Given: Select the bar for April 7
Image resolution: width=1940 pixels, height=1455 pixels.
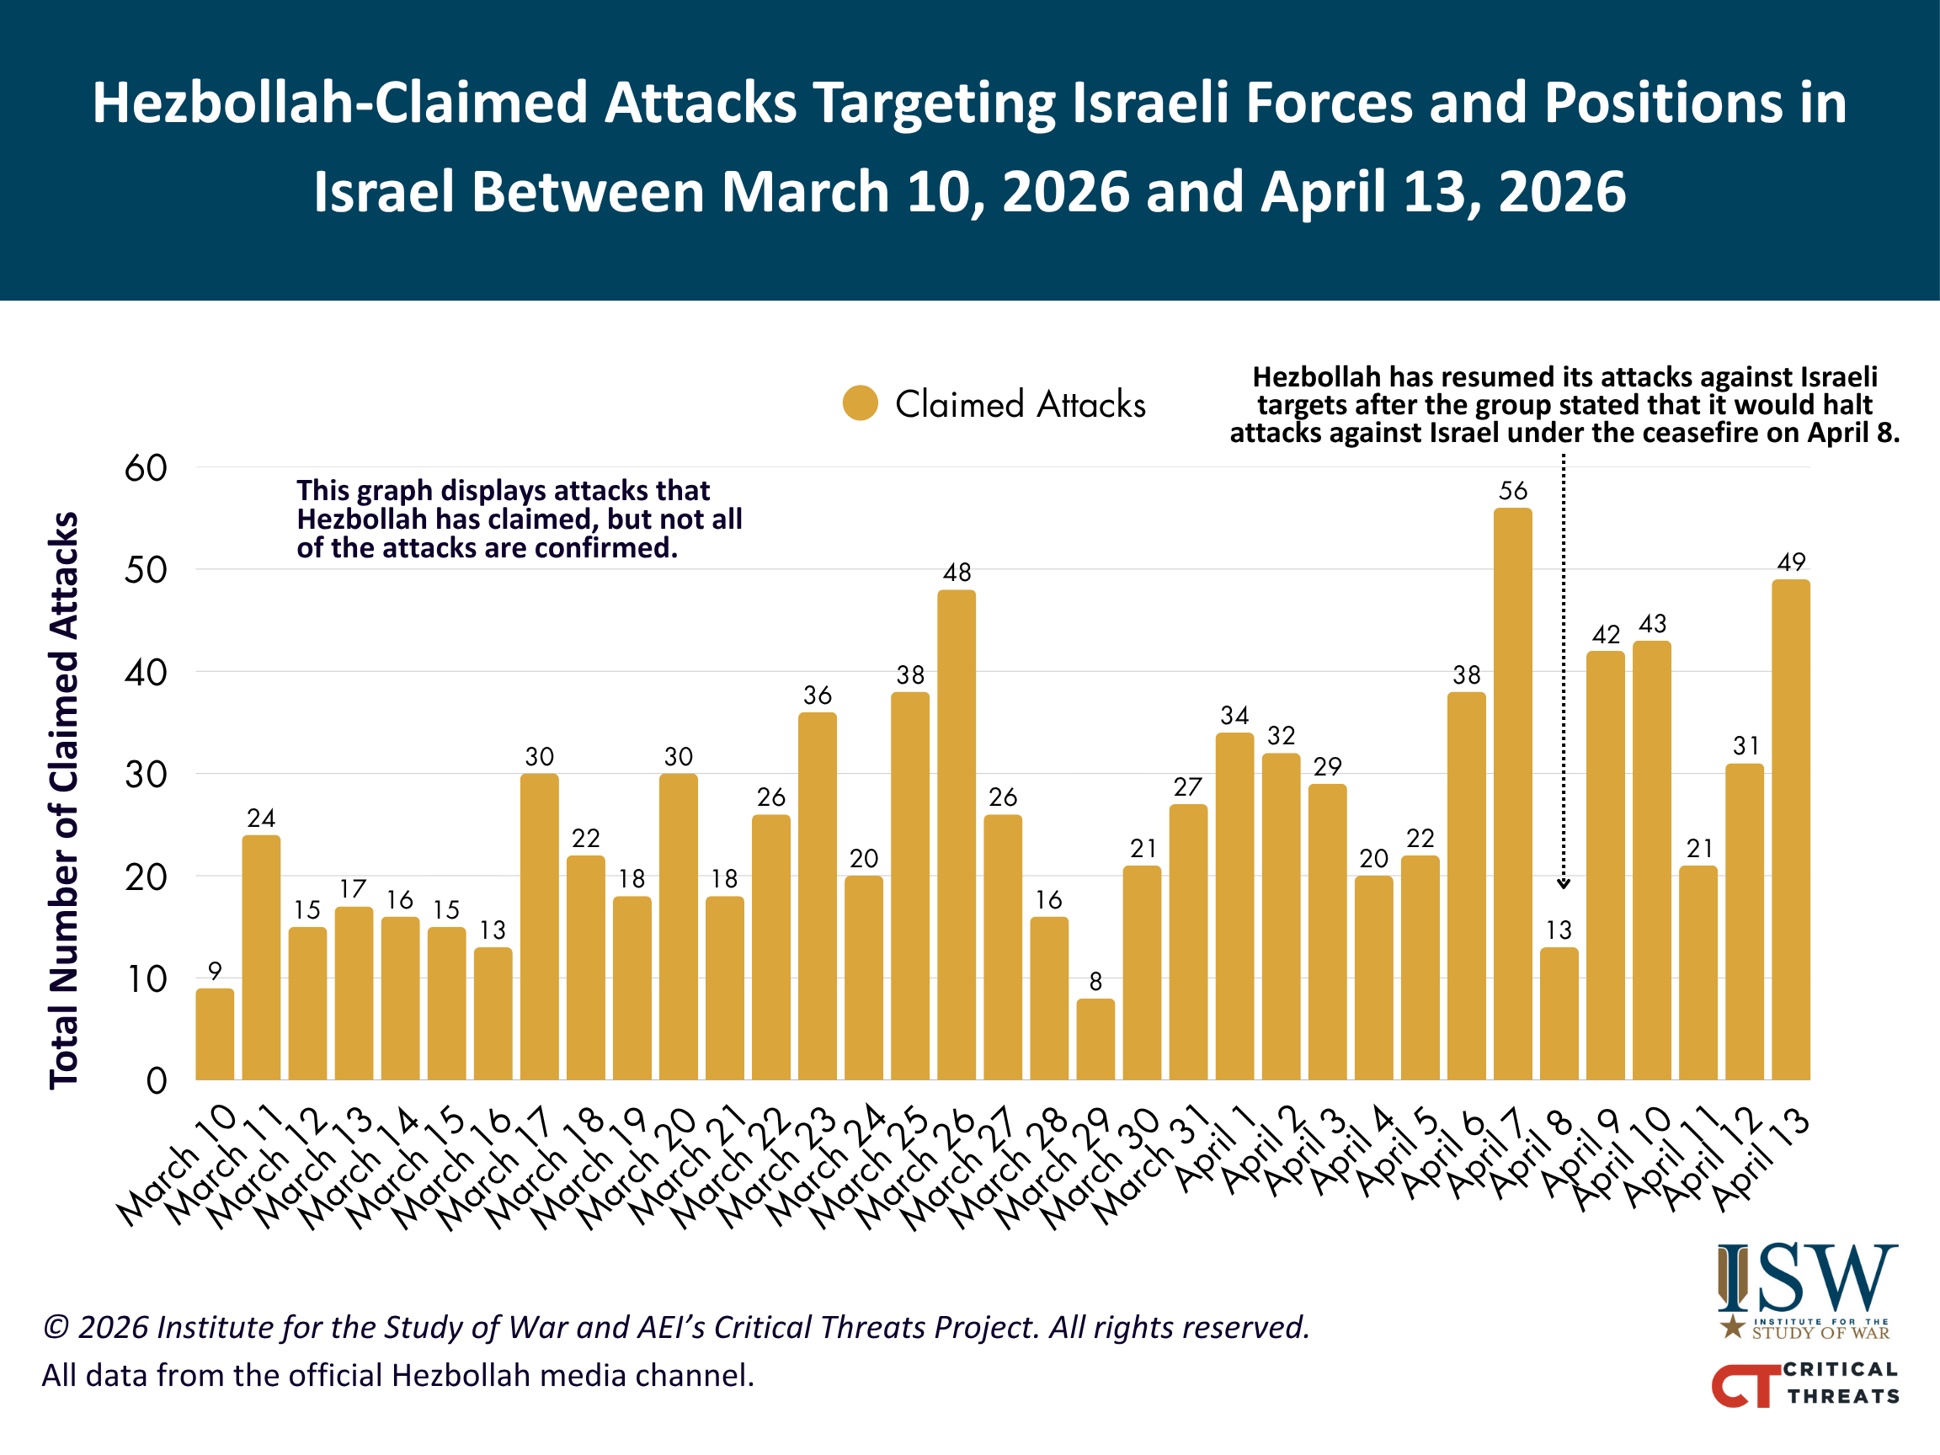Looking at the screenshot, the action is click(x=1513, y=794).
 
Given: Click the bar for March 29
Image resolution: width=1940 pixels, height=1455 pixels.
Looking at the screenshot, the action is click(x=1095, y=1039).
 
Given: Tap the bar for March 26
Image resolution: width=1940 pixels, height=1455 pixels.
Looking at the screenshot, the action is click(x=956, y=835).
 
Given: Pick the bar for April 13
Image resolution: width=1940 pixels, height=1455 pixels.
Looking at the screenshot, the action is click(x=1791, y=829).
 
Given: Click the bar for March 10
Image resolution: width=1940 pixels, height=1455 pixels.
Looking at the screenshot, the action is click(x=215, y=1034).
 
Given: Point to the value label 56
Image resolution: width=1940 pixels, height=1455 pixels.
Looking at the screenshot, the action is click(x=1513, y=490).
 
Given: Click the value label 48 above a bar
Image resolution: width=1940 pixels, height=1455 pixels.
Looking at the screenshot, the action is click(x=957, y=572).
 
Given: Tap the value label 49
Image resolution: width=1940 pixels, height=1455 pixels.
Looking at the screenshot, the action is click(x=1791, y=562).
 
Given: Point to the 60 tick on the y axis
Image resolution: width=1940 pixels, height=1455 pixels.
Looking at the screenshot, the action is click(x=146, y=468).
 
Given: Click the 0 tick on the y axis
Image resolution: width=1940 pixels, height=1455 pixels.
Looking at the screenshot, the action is click(x=157, y=1080).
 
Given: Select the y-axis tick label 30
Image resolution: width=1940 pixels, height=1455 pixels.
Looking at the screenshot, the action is click(x=146, y=775).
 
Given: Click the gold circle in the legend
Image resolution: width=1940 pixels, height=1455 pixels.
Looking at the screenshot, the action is click(x=861, y=403).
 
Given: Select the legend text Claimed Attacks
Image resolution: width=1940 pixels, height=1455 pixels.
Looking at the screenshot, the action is click(x=1020, y=404).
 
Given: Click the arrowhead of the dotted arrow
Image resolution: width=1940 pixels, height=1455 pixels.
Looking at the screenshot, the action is click(x=1563, y=884).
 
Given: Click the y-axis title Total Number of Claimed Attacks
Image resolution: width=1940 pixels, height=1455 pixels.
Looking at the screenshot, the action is click(x=64, y=801).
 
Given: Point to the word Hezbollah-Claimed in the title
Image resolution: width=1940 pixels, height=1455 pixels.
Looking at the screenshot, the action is click(x=340, y=104).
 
